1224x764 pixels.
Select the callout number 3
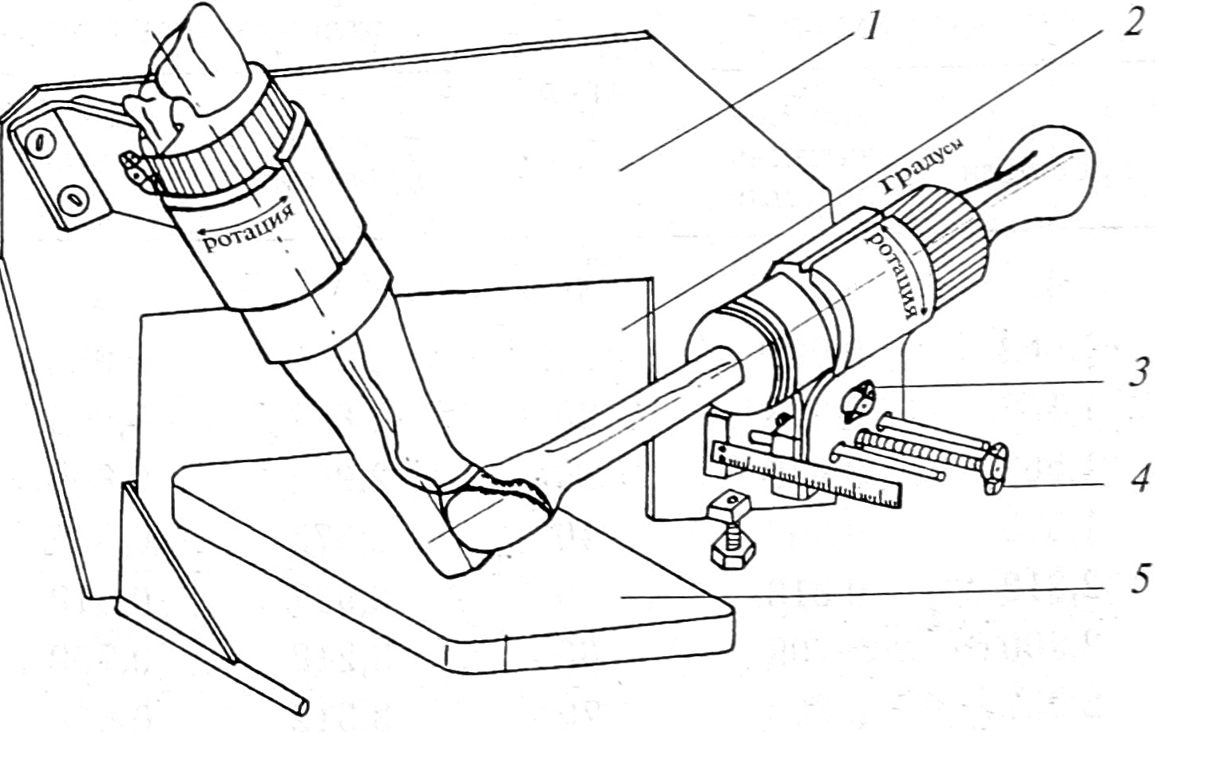pyautogui.click(x=1140, y=371)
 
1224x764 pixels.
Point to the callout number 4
pyautogui.click(x=1140, y=477)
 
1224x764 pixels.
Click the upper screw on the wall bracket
pyautogui.click(x=41, y=143)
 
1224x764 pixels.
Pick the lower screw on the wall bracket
pyautogui.click(x=73, y=202)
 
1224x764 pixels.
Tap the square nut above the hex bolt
pyautogui.click(x=731, y=505)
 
